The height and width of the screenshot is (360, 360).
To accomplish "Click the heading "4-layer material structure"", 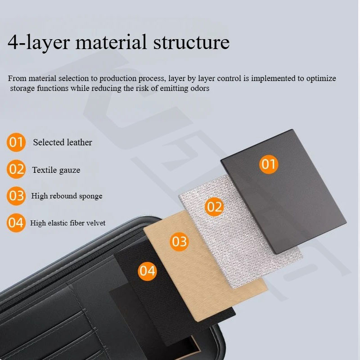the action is (118, 42).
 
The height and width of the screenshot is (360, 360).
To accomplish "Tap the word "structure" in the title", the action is (192, 42).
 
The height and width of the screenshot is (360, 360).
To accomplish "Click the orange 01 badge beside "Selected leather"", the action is (16, 142).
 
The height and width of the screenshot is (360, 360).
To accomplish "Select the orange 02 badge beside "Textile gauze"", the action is (16, 169).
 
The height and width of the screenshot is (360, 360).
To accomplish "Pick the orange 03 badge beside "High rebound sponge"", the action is (16, 196).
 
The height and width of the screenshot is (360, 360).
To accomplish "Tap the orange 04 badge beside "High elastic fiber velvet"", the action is (16, 223).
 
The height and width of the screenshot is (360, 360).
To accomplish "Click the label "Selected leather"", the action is (63, 142).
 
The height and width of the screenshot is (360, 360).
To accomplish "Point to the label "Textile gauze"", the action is (56, 170).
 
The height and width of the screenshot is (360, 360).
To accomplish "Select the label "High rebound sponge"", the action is (67, 196).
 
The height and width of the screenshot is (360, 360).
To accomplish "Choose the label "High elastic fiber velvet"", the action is (68, 223).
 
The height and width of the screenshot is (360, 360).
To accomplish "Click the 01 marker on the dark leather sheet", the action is (268, 164).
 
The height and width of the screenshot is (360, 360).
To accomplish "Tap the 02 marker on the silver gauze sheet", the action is (214, 207).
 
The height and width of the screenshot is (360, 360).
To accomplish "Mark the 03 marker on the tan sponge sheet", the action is (179, 242).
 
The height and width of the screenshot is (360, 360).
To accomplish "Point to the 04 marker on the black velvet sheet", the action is (147, 271).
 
